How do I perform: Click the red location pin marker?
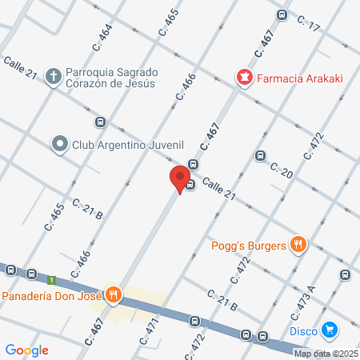tap(180, 178)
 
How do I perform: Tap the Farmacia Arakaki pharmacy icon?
tap(243, 78)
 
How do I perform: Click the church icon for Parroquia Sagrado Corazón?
tap(54, 77)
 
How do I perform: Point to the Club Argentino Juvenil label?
tap(128, 145)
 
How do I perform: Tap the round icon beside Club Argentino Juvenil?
tap(59, 145)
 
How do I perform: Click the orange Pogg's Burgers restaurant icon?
tap(298, 244)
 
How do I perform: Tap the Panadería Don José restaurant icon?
tap(114, 295)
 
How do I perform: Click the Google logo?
tap(26, 350)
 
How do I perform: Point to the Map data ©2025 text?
tap(326, 354)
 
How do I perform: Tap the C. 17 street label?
tap(308, 25)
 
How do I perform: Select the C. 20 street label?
tap(282, 170)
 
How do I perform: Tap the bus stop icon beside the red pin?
tap(190, 186)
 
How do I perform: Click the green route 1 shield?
tap(51, 280)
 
